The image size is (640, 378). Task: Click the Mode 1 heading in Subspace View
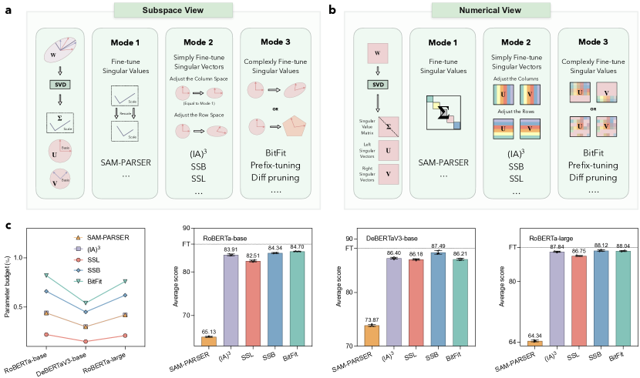(x=124, y=39)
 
